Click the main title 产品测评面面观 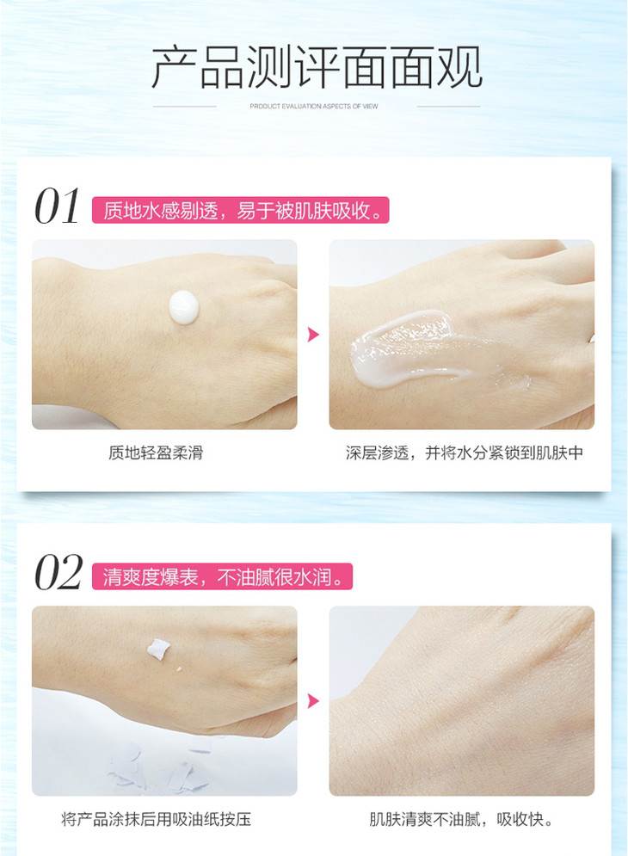tap(317, 67)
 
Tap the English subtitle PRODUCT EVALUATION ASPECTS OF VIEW tap(314, 106)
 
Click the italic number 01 tap(57, 206)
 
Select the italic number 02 tap(58, 573)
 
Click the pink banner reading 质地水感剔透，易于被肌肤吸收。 tap(240, 210)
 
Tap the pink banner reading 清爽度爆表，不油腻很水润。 tap(222, 576)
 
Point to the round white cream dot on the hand tap(183, 307)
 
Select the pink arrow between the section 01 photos tap(313, 334)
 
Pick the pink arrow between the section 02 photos tap(313, 700)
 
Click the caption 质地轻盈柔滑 tap(156, 453)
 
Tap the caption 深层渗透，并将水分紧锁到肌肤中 tap(465, 453)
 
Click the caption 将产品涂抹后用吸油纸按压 tap(157, 819)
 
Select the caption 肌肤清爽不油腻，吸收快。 tap(461, 819)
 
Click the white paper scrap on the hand tap(157, 649)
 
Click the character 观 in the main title tap(459, 67)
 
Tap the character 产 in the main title tap(174, 67)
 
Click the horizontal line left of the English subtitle tap(185, 107)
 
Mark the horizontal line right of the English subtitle tap(448, 107)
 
